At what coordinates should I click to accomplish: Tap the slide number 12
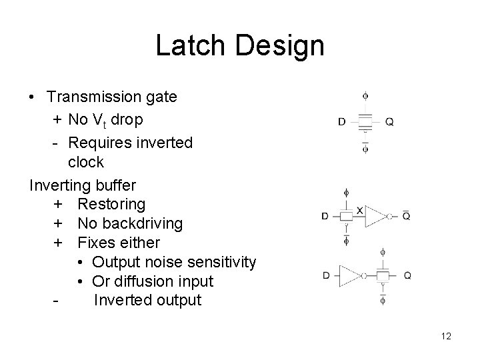pos(446,336)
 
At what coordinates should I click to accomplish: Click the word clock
pos(86,162)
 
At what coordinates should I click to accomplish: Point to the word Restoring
pos(111,203)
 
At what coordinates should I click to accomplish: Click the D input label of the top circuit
pos(342,122)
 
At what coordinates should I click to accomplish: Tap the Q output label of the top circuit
pos(389,122)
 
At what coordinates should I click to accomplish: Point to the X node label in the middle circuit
pos(360,210)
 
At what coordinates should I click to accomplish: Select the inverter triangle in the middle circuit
pos(376,216)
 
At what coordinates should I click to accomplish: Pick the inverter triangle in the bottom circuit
pos(349,275)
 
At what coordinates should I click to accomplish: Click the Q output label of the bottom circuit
pos(407,275)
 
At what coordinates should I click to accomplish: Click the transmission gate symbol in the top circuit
pos(365,123)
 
